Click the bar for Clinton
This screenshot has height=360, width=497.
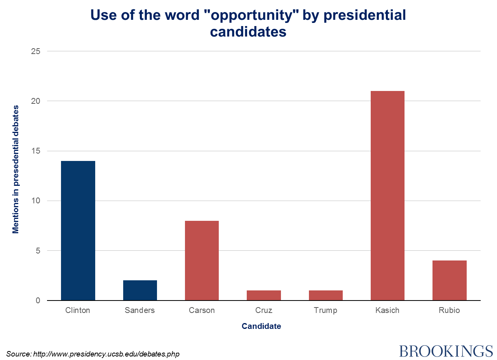pos(78,231)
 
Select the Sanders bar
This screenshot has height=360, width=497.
pos(140,290)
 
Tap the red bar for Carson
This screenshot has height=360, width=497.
pos(202,260)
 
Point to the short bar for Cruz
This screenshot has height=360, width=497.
pos(264,295)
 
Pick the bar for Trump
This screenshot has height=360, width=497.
pos(326,295)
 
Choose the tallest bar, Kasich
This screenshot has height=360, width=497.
pos(387,196)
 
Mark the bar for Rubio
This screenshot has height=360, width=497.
pos(450,280)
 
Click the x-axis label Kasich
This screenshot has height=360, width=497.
pos(387,310)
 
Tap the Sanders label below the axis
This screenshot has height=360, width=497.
pos(140,310)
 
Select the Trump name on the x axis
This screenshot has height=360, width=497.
pos(326,310)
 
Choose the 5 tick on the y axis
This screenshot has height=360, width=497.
pos(38,251)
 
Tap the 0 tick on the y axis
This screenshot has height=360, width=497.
pos(38,301)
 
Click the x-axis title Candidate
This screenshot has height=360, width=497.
pos(261,326)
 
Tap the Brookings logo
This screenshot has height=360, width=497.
pos(446,351)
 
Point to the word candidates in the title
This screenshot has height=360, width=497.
pos(248,31)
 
